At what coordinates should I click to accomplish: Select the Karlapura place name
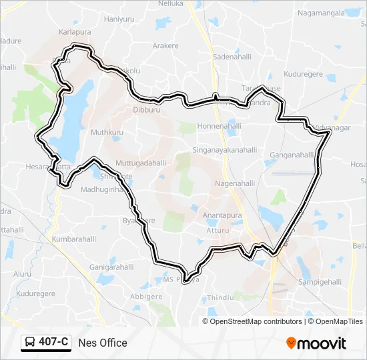tap(75, 31)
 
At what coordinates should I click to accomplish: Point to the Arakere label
tap(165, 45)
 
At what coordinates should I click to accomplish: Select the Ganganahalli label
tap(292, 155)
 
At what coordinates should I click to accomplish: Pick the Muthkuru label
tap(107, 133)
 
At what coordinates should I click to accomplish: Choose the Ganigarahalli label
tap(111, 267)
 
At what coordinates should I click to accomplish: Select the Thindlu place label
tap(220, 297)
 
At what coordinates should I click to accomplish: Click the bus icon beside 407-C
tap(30, 343)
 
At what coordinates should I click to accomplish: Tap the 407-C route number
tap(53, 343)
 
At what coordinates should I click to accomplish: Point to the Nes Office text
tap(102, 343)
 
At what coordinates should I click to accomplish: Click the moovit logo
tap(316, 343)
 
